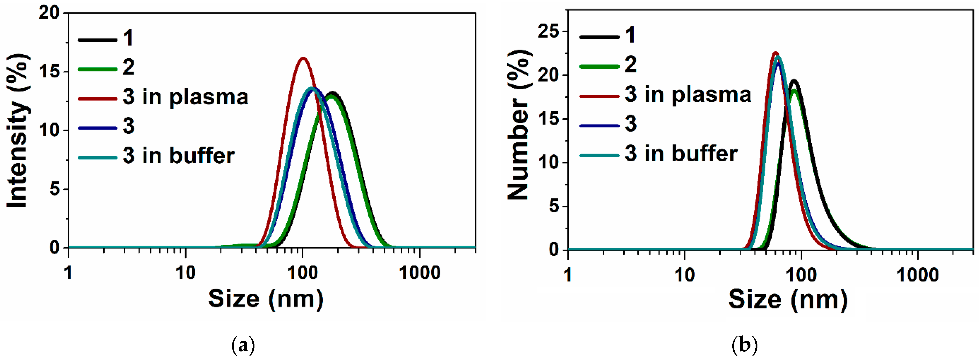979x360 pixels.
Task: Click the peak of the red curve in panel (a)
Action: point(303,58)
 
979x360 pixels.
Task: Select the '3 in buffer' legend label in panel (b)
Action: point(681,153)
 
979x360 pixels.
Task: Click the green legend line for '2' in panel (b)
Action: point(599,67)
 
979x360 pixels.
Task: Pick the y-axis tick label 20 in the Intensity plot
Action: point(49,13)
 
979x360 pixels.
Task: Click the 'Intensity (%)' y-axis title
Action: point(18,130)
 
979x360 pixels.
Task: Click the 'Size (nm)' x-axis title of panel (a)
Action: point(266,299)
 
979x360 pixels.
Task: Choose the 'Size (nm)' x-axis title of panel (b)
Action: point(787,300)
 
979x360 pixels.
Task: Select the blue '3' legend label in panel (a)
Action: point(128,126)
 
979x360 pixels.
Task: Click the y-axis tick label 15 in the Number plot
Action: point(549,119)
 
